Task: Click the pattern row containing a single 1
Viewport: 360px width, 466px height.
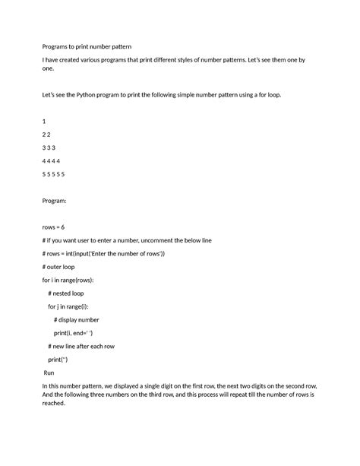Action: point(45,122)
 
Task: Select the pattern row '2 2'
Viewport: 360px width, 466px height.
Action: point(47,135)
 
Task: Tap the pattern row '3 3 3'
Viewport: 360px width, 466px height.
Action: point(50,147)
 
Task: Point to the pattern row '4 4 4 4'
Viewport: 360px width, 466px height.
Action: point(52,161)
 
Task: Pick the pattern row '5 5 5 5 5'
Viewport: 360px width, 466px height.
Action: point(55,174)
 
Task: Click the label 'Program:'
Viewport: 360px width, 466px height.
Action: point(55,201)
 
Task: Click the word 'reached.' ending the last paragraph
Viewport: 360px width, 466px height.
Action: point(55,404)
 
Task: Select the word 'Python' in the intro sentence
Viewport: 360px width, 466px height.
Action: point(87,94)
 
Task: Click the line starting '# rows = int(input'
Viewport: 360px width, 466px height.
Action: point(103,253)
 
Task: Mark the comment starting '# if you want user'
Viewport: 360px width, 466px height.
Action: point(127,240)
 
